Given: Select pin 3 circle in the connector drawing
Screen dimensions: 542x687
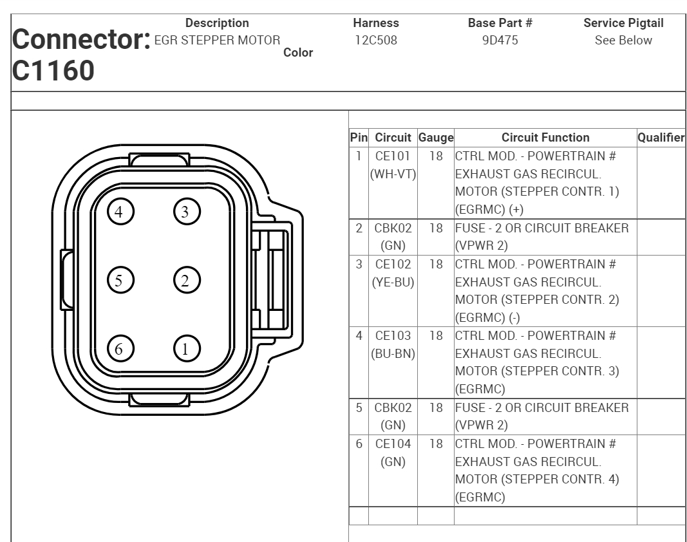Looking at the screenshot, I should [x=187, y=210].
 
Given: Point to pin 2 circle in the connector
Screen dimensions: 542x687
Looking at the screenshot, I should [x=187, y=279].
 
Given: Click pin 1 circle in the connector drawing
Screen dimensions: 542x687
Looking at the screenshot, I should [x=187, y=348].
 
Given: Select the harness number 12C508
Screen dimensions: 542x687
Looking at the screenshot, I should [x=376, y=40].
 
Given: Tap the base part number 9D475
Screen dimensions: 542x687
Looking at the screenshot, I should [x=500, y=40].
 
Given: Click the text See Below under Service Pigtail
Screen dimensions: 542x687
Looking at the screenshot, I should [x=623, y=40].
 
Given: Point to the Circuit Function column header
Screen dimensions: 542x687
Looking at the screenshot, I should [x=545, y=137].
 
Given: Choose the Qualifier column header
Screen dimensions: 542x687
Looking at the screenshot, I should [x=661, y=137].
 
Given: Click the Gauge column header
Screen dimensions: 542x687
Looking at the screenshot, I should [x=436, y=137].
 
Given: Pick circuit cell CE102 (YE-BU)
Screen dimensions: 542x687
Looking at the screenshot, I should [x=392, y=273].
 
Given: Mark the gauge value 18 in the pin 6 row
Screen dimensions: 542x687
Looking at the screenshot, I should [x=435, y=444].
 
